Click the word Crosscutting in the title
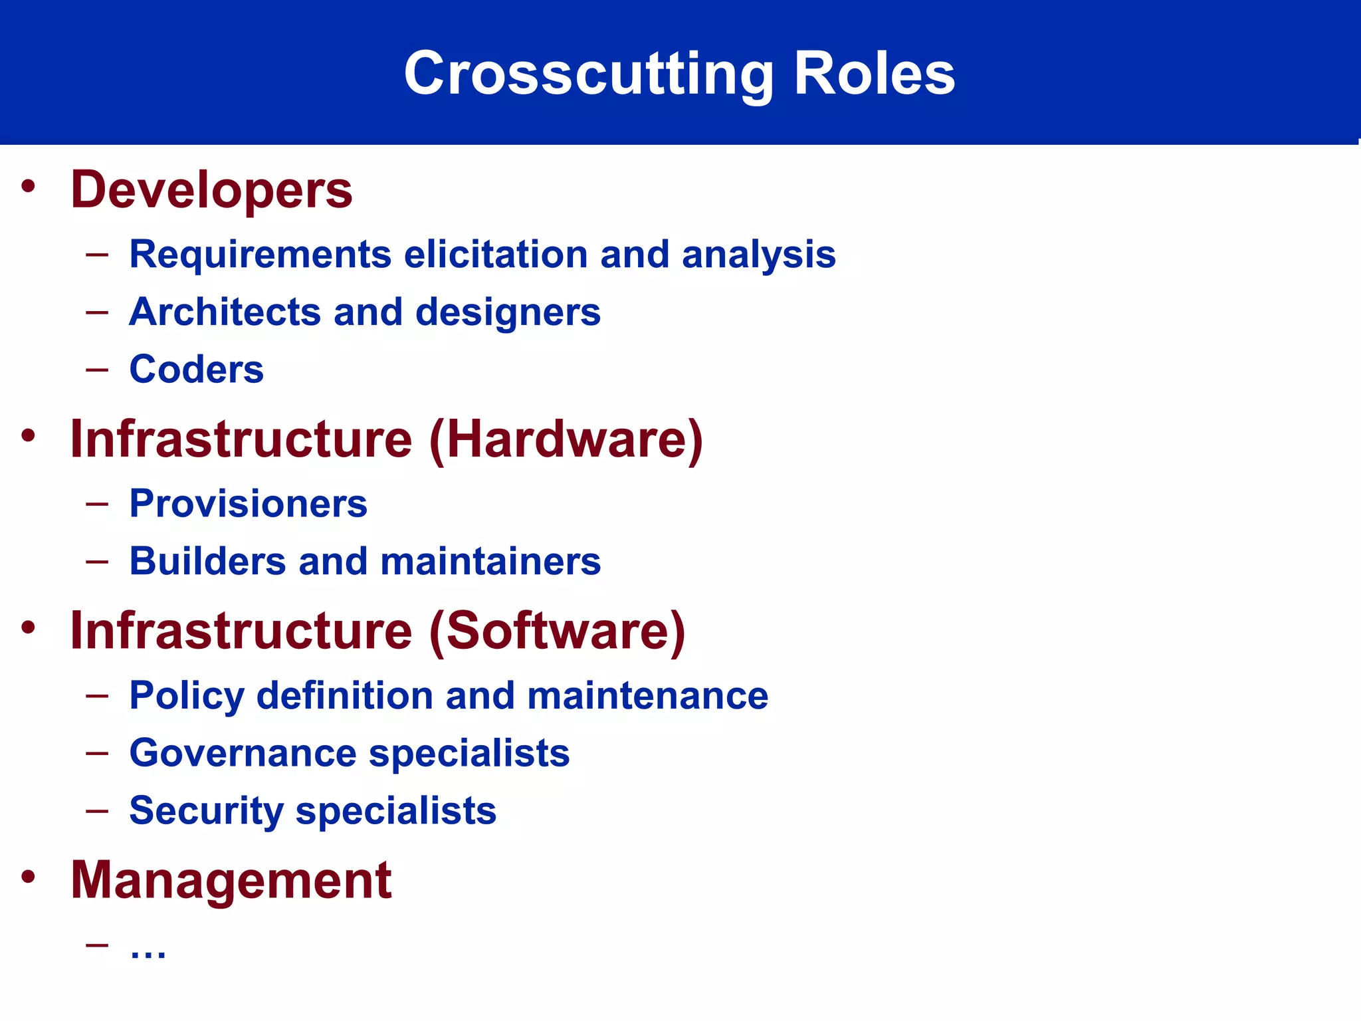point(588,73)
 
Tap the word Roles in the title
point(875,73)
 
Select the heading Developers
point(211,190)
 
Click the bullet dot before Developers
point(28,185)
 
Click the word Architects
point(225,312)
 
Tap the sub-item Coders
point(197,370)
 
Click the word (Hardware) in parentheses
point(566,440)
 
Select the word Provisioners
point(248,504)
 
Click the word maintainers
point(490,562)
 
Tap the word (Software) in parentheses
point(557,631)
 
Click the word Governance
point(243,753)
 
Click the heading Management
point(231,880)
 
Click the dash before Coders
point(97,369)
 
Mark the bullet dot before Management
point(28,876)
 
